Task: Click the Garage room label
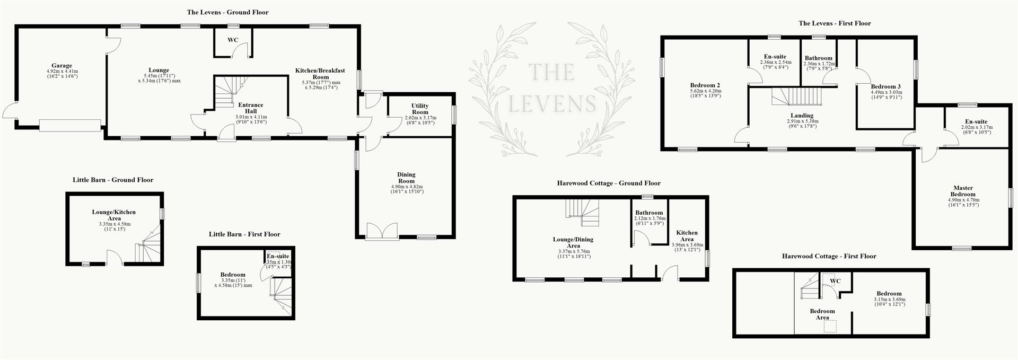tap(62, 66)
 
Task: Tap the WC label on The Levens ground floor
tap(233, 40)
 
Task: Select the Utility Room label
tap(420, 109)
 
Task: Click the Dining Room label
tap(406, 178)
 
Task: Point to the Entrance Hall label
tap(251, 108)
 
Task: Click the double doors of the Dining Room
tap(382, 232)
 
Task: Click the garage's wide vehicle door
tap(69, 125)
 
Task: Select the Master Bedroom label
tap(963, 191)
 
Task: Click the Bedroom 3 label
tap(885, 86)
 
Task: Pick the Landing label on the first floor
tap(801, 116)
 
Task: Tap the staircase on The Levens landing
tap(796, 97)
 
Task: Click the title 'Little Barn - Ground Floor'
tap(113, 180)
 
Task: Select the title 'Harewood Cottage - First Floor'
tap(829, 257)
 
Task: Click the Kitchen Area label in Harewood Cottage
tap(687, 236)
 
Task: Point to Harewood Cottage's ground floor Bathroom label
tap(649, 213)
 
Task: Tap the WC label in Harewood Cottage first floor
tap(835, 281)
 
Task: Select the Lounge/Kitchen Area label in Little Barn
tap(114, 215)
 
